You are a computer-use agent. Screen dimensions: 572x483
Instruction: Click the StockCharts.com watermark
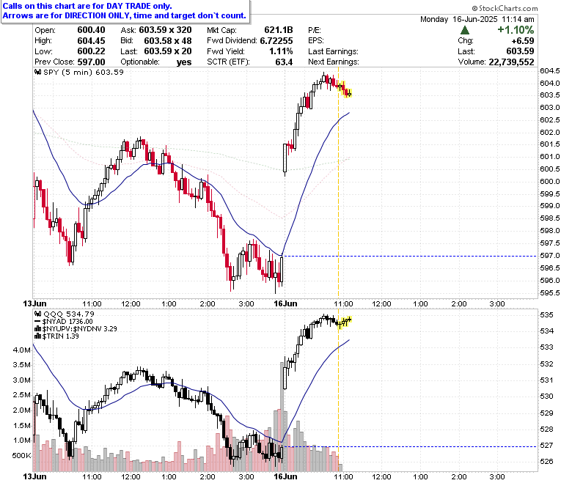coord(505,8)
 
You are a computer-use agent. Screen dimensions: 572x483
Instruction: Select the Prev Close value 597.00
coord(91,62)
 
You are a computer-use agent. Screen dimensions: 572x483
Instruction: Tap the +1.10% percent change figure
coord(516,30)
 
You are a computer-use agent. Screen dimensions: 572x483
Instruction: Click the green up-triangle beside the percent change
coord(465,30)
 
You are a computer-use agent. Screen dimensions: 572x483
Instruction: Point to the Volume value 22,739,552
coord(511,62)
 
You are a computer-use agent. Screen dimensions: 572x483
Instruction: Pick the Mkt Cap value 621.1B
coord(279,30)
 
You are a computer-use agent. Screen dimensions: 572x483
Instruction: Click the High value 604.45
coord(91,40)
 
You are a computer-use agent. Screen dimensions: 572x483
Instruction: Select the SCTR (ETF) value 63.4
coord(284,62)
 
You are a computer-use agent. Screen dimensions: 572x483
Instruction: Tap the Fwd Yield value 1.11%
coord(281,51)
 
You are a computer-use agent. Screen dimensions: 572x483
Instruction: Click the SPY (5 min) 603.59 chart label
coord(79,72)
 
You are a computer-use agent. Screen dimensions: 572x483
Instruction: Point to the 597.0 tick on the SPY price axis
coord(550,256)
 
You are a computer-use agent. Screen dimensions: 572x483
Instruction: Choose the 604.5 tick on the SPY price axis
coord(550,70)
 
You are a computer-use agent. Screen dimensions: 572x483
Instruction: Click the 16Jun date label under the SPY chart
coord(286,303)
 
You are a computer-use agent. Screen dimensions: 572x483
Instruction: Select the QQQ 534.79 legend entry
coord(65,314)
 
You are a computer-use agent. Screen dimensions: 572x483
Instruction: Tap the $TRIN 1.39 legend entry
coord(56,336)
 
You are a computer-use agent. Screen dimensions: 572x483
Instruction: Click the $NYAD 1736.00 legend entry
coord(64,322)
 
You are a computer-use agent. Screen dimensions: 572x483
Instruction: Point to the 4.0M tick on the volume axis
coord(21,350)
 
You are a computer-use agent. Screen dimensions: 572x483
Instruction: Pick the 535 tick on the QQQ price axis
coord(546,315)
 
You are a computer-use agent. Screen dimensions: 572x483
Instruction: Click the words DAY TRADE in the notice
coord(128,6)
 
